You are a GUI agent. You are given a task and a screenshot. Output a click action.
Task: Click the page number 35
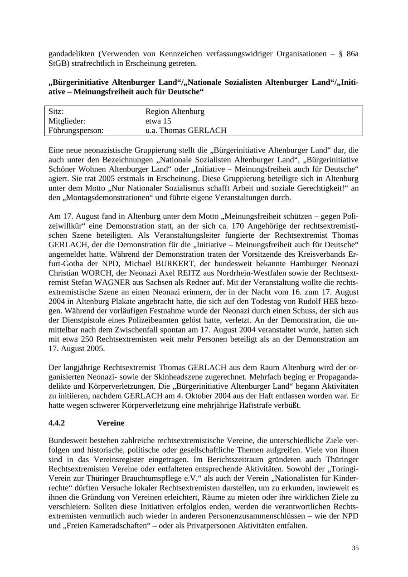[355, 548]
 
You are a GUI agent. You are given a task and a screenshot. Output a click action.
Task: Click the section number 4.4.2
[57, 423]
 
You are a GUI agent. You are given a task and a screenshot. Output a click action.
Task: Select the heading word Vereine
[110, 423]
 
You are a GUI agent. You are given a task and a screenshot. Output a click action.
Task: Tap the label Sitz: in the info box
[56, 112]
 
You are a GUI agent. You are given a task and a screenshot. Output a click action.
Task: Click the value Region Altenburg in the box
[175, 112]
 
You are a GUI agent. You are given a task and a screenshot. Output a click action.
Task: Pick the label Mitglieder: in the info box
[67, 121]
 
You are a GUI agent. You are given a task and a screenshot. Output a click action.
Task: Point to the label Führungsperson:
[76, 131]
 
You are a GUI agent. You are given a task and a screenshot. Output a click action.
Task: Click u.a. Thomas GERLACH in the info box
[186, 131]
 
